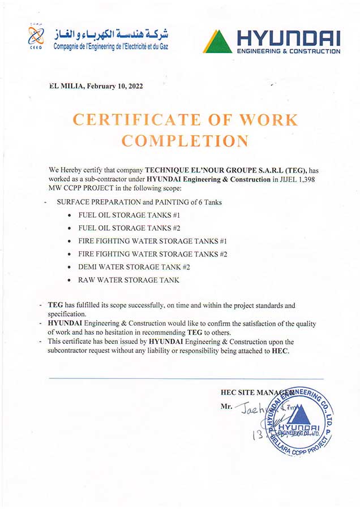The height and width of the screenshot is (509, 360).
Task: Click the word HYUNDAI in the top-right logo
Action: (x=288, y=38)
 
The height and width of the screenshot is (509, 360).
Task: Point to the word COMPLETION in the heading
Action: (x=185, y=141)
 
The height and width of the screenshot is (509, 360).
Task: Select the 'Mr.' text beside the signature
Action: (x=226, y=407)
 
